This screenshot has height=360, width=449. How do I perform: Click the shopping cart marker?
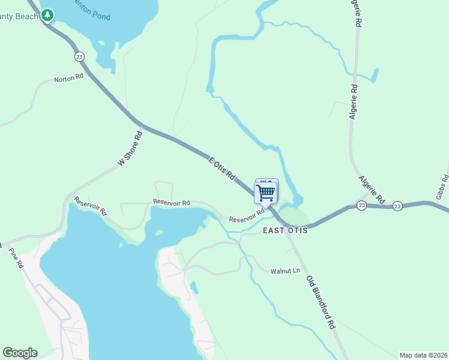(266, 193)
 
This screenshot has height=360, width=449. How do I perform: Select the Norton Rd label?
(68, 79)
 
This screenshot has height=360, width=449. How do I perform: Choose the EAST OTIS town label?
(285, 230)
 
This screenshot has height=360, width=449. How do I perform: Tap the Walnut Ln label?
(285, 271)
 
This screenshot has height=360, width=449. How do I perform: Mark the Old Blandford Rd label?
(320, 302)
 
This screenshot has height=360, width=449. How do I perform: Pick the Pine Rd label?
(16, 256)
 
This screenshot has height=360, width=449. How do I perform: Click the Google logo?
(20, 353)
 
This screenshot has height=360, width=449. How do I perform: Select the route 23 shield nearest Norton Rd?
(79, 56)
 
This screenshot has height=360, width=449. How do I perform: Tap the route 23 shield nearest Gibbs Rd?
(397, 206)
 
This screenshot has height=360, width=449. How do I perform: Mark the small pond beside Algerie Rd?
(375, 75)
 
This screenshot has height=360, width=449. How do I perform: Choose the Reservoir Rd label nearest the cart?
(247, 214)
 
